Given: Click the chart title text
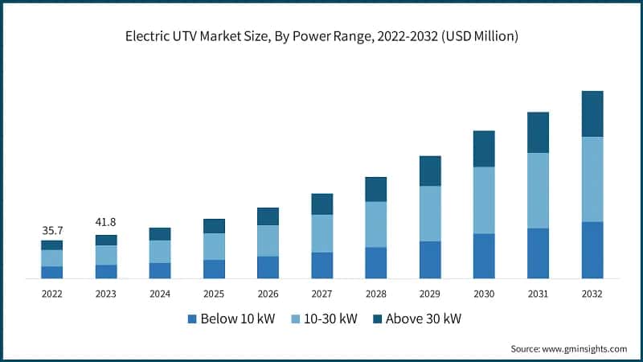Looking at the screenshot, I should point(321,35).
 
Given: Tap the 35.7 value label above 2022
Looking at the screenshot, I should point(51,231).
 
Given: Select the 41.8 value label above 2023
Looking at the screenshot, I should point(105,223).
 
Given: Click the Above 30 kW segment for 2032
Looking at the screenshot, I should point(592,113).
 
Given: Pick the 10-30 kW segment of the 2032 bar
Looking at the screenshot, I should point(592,179).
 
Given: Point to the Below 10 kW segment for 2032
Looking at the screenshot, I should point(592,250).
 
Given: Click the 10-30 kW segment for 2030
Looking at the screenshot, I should point(484,200).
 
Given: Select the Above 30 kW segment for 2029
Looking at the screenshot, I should point(430,171).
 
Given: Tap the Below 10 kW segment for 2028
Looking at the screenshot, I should point(375,263).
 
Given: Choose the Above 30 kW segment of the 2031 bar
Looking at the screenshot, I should point(538,132).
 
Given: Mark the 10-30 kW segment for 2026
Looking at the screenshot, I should point(268,241).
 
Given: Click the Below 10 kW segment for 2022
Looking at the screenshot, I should point(51,272).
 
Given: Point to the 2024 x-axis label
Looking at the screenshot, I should point(159,294).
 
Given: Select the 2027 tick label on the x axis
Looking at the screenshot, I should point(321,294).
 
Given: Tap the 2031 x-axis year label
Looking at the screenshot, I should point(538,294).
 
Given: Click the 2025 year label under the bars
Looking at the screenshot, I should point(214,294).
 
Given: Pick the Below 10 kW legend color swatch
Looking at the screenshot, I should point(192,319).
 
